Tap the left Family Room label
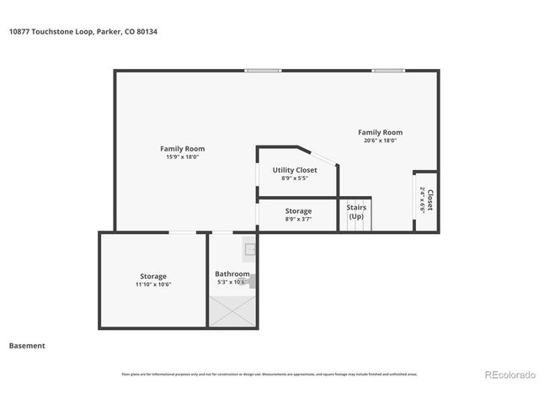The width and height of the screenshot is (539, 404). click(x=182, y=149)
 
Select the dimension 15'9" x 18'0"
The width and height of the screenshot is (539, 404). click(x=182, y=157)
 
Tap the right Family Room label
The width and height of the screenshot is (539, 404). click(x=380, y=132)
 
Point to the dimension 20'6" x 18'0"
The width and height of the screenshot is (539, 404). click(x=380, y=141)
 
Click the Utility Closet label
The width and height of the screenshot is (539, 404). click(x=295, y=170)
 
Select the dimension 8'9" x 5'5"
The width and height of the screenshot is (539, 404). click(x=295, y=178)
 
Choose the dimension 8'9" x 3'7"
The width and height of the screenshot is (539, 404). click(x=298, y=220)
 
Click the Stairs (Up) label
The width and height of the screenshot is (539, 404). click(x=356, y=211)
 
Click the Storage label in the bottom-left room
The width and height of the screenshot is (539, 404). click(x=153, y=276)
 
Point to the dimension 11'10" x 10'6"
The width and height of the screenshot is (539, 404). click(x=153, y=284)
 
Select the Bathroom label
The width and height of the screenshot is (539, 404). click(x=232, y=274)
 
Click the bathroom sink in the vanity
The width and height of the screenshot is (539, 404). click(x=250, y=249)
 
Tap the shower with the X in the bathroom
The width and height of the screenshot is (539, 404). click(x=232, y=314)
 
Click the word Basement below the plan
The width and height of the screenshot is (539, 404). click(x=27, y=346)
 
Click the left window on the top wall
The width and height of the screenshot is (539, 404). click(x=263, y=71)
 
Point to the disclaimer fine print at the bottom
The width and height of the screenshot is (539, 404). click(x=269, y=375)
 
